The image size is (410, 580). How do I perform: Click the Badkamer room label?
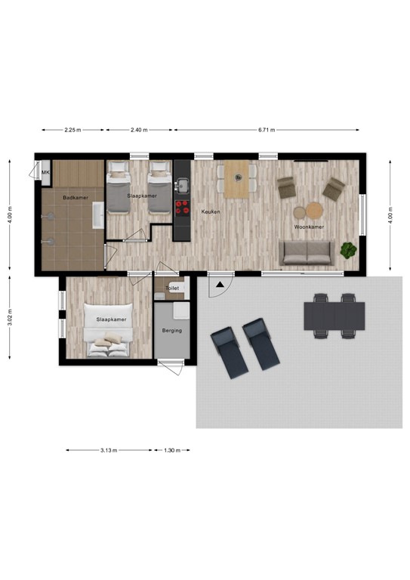click(x=72, y=198)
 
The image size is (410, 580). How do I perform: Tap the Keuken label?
click(x=211, y=212)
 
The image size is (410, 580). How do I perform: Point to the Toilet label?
click(x=171, y=288)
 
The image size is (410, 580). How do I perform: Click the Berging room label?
click(x=171, y=331)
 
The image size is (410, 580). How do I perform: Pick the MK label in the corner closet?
click(x=45, y=173)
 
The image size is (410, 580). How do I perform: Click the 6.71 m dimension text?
click(x=266, y=130)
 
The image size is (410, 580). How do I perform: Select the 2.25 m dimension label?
click(x=72, y=130)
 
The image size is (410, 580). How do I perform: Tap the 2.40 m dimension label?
click(x=138, y=130)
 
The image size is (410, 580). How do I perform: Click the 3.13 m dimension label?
click(x=109, y=450)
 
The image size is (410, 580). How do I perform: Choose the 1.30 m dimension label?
click(x=173, y=450)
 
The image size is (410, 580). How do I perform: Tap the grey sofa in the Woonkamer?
click(x=307, y=252)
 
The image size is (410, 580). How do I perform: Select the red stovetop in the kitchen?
click(x=182, y=205)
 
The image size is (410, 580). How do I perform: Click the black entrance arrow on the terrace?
click(x=219, y=285)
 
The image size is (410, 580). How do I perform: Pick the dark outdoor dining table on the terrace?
click(x=334, y=316)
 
